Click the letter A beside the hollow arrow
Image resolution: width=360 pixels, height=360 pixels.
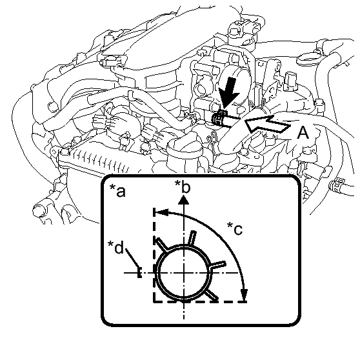point(303,133)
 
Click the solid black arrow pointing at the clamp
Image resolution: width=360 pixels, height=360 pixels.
point(228,92)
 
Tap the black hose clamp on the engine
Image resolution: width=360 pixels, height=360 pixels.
point(219,119)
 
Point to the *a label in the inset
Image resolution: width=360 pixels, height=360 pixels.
point(117,191)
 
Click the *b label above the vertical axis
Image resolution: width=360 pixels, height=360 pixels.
point(183,186)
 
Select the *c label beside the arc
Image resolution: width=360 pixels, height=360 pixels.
point(235,228)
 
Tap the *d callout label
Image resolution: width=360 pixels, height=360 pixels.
point(116,247)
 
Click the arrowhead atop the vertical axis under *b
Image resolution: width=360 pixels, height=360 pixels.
point(184,199)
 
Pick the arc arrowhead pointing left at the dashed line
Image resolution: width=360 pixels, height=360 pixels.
point(162,212)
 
